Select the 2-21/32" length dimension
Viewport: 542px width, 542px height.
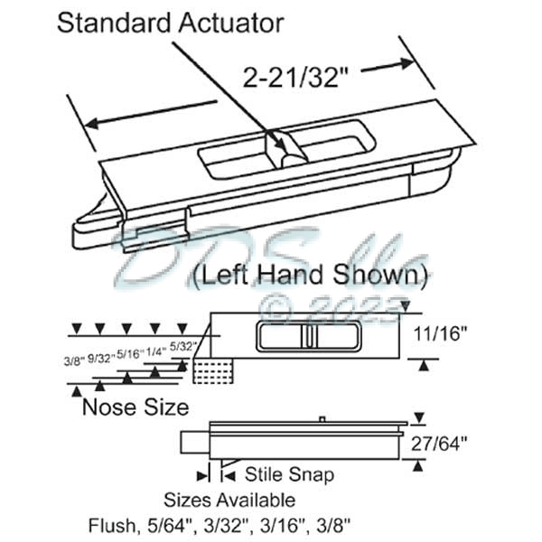297,79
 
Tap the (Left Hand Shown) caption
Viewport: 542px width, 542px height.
310,273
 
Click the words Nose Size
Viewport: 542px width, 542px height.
135,407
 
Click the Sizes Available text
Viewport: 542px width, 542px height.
229,500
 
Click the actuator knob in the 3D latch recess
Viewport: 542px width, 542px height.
287,150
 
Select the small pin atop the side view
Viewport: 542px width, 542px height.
322,419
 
